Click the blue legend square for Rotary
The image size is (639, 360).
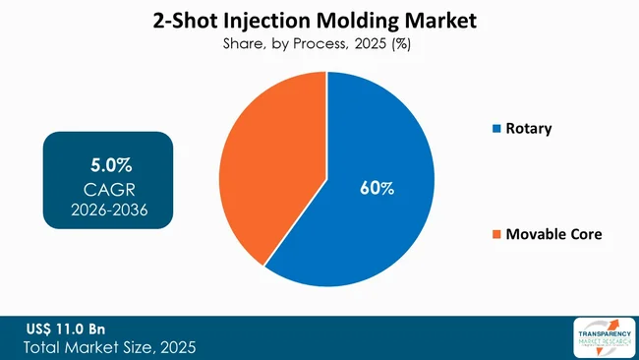pos(496,129)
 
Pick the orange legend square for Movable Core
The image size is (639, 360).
pos(496,234)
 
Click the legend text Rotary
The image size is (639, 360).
pos(530,129)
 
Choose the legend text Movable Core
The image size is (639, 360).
pos(553,234)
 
